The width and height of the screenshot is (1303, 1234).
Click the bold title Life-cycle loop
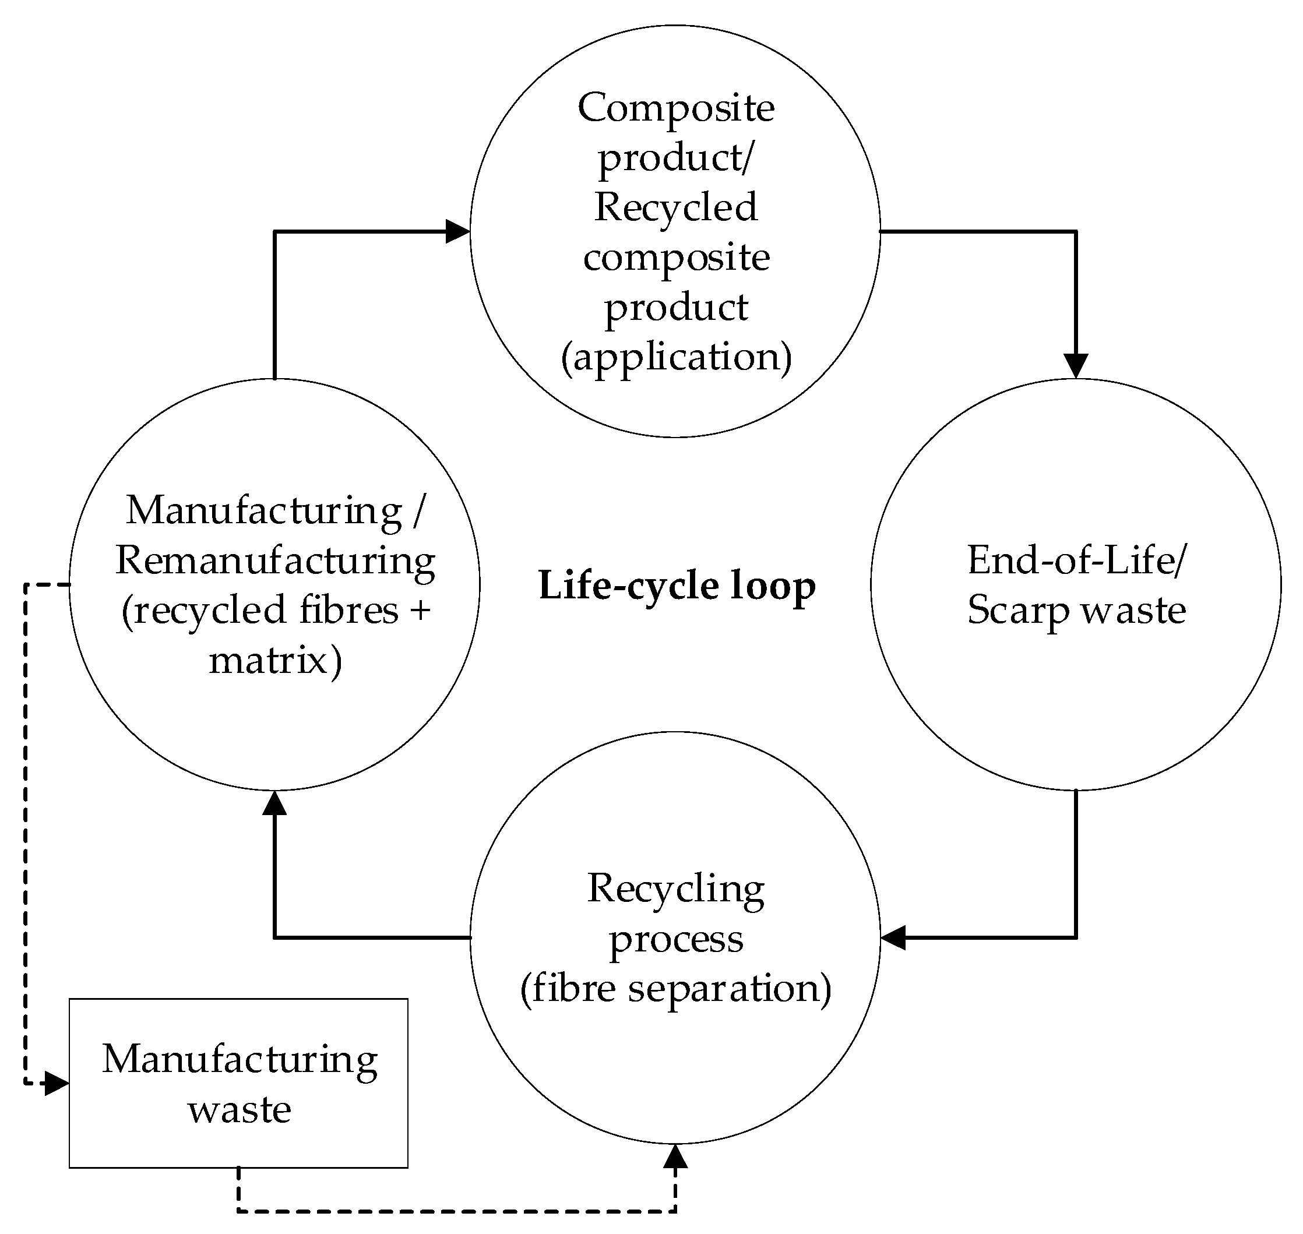[x=677, y=586]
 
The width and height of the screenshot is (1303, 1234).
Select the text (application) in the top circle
[x=676, y=358]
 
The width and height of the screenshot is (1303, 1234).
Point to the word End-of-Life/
[x=1077, y=560]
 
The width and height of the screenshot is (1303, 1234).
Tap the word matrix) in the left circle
[x=275, y=661]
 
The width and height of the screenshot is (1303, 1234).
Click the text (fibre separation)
[x=676, y=989]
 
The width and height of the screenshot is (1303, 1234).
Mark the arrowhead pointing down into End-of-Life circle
[x=1076, y=366]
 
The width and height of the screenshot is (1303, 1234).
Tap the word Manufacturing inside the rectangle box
[x=240, y=1060]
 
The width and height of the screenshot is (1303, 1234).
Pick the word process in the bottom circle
[x=676, y=939]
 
